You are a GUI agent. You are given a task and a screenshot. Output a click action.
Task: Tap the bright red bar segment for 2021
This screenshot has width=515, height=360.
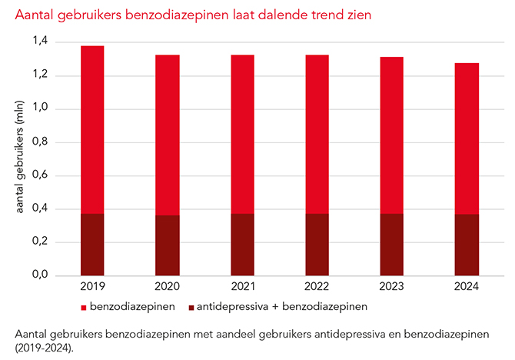(242, 134)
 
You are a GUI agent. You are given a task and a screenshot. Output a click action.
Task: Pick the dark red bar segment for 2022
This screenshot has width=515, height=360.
(317, 244)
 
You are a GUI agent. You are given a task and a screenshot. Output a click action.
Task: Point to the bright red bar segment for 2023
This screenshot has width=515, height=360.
(391, 135)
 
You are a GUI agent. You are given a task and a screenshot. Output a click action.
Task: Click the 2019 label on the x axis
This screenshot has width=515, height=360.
(92, 286)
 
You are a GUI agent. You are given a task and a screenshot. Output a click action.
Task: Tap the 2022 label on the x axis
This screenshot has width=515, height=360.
(317, 286)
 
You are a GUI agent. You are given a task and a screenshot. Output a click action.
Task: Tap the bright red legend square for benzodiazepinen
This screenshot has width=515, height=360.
(84, 308)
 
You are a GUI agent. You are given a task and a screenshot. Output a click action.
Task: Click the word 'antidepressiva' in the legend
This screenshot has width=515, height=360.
(230, 307)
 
